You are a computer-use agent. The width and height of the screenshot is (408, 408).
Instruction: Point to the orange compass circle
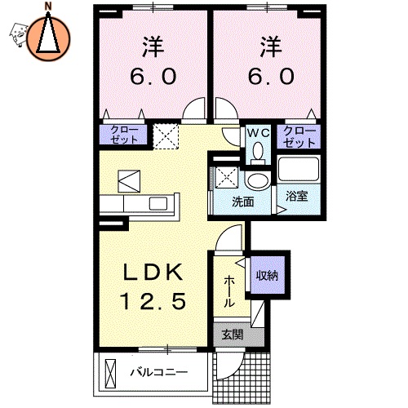[x=48, y=38]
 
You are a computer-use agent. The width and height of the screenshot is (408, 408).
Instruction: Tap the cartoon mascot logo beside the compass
[x=18, y=33]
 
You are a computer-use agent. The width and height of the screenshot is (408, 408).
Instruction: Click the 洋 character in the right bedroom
[x=267, y=44]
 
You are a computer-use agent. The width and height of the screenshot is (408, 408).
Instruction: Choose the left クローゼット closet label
[x=124, y=135]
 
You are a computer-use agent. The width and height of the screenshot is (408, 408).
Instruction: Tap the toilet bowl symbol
[x=259, y=152]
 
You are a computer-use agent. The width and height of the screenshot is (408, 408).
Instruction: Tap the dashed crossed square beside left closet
[x=167, y=136]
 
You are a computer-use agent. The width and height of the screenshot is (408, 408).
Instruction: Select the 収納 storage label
[x=267, y=275]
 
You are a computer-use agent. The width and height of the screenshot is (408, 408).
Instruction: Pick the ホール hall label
[x=230, y=289]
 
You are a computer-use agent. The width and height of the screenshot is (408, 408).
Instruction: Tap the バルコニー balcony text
[x=160, y=374]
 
